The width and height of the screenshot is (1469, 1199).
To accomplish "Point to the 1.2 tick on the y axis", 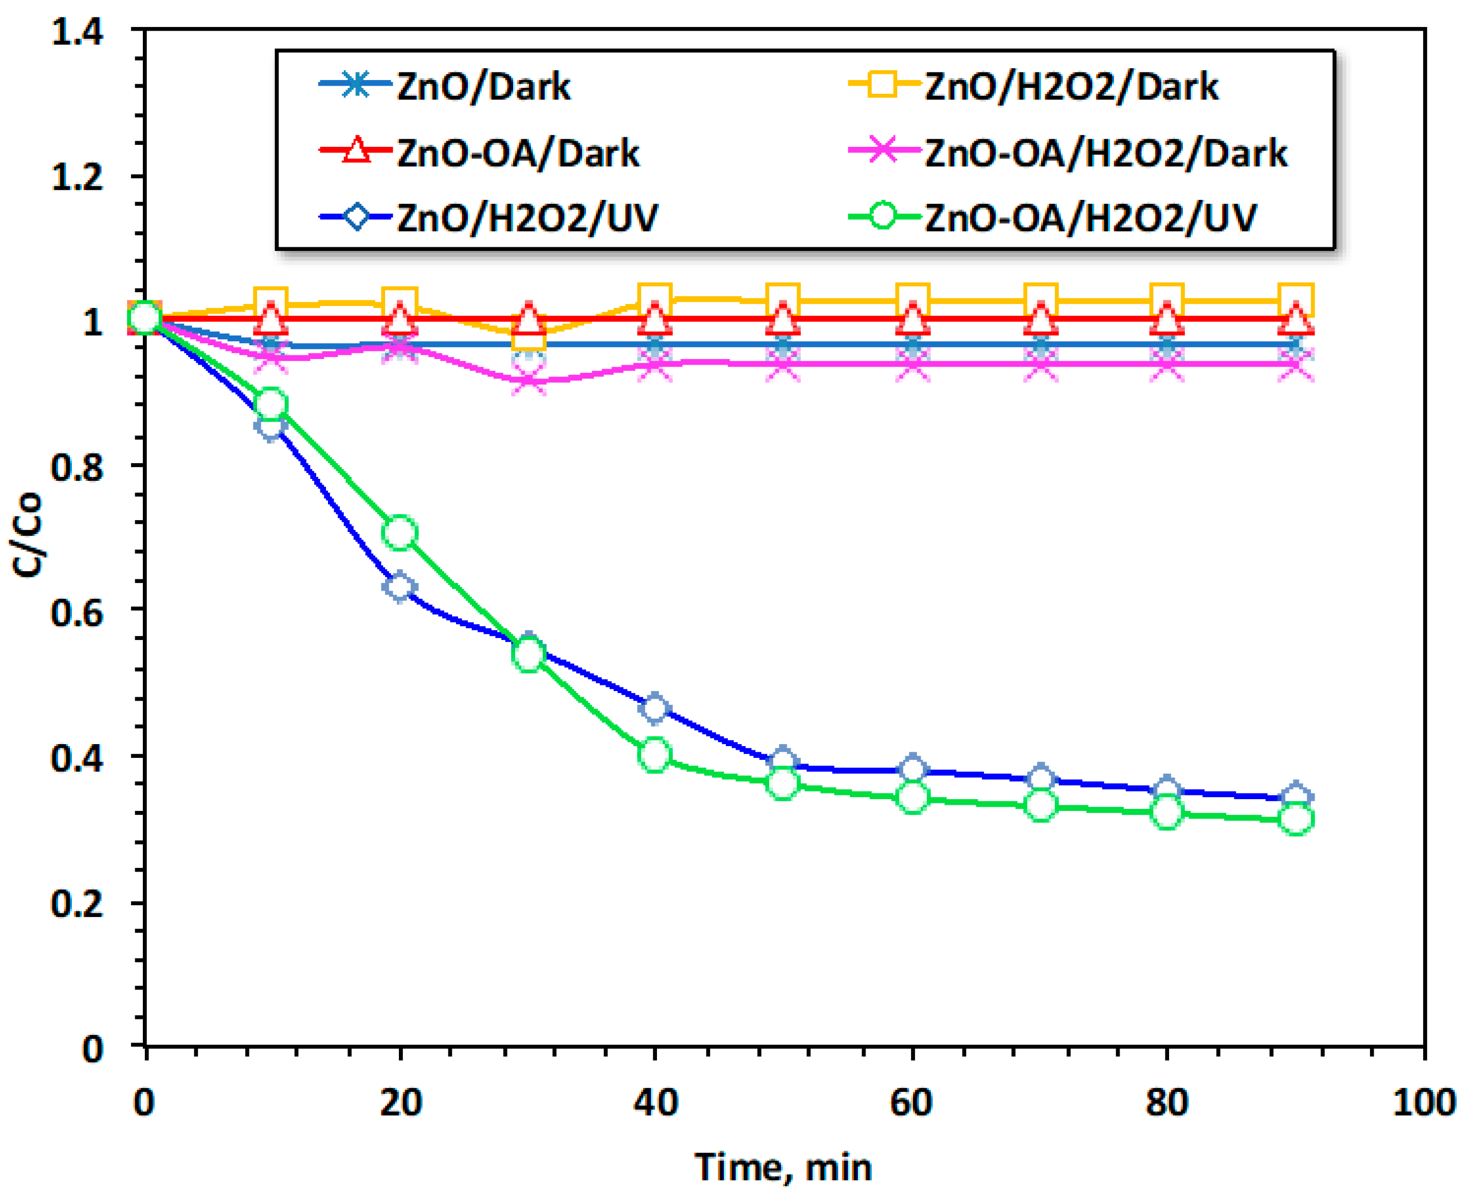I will pyautogui.click(x=78, y=177).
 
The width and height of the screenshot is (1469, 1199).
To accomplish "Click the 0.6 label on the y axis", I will pyautogui.click(x=78, y=612).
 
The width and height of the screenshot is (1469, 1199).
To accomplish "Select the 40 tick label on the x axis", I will pyautogui.click(x=655, y=1102).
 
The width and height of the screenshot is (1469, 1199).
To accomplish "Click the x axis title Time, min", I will pyautogui.click(x=783, y=1167).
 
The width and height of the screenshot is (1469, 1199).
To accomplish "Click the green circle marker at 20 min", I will pyautogui.click(x=400, y=532).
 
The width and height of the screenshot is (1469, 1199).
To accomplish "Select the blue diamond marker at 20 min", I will pyautogui.click(x=400, y=587).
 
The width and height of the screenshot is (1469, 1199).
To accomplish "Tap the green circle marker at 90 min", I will pyautogui.click(x=1296, y=820).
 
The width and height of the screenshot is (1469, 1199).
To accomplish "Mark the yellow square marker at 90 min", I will pyautogui.click(x=1296, y=300).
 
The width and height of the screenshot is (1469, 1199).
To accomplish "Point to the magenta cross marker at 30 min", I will pyautogui.click(x=529, y=380).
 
